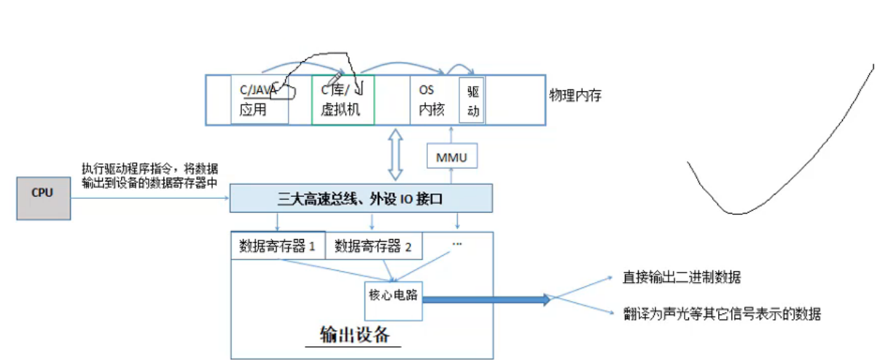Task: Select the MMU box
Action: tap(451, 157)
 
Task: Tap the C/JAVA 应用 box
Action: tap(259, 100)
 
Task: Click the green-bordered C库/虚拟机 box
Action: tap(343, 100)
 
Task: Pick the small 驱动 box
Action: tap(472, 101)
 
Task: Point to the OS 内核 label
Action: tap(432, 100)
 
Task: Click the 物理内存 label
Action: tap(576, 95)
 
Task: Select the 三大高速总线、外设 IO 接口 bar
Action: tap(362, 198)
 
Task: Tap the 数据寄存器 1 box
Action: tap(277, 246)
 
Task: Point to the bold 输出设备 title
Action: tap(354, 334)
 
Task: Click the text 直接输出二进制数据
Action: tap(682, 278)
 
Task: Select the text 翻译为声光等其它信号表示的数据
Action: tap(721, 314)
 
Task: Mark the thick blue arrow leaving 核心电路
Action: tap(486, 299)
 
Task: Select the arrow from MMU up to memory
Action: tap(451, 135)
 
